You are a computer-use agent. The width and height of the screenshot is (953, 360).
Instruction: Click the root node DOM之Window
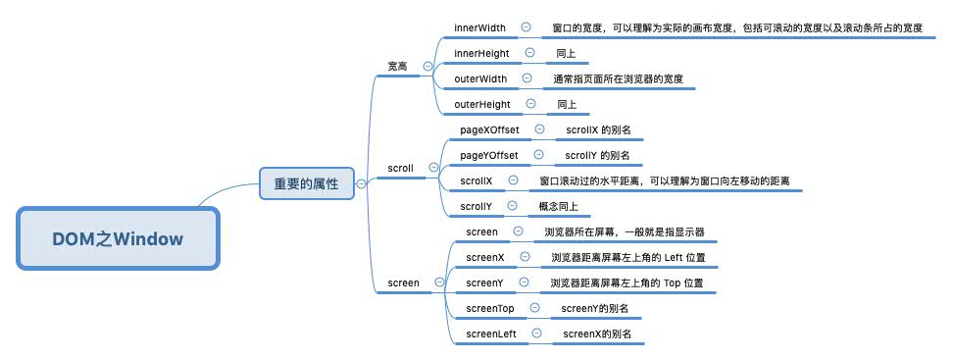(x=118, y=238)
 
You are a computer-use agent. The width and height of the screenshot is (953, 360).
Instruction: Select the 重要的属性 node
(x=306, y=182)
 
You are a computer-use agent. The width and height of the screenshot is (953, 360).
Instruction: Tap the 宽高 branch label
(x=397, y=66)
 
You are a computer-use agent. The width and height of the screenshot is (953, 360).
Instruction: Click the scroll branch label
(x=401, y=168)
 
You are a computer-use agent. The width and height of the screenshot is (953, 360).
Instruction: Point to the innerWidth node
(x=480, y=27)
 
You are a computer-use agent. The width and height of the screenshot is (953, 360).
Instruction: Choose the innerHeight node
(x=482, y=53)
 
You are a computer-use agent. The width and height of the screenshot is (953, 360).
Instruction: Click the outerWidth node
(x=480, y=78)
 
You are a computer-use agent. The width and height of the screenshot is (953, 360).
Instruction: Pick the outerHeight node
(x=482, y=104)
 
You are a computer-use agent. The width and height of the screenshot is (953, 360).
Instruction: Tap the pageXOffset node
(x=490, y=129)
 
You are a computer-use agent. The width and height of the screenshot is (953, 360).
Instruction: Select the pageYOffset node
(x=489, y=155)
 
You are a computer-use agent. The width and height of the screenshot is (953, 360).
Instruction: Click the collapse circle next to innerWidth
(x=527, y=27)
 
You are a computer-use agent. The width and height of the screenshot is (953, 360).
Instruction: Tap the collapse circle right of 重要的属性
(x=361, y=182)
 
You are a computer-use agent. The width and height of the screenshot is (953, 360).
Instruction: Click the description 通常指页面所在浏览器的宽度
(x=618, y=78)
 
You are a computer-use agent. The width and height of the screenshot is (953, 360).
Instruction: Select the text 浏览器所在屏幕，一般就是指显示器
(x=625, y=231)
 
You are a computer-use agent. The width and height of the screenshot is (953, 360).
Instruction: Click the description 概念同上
(x=558, y=206)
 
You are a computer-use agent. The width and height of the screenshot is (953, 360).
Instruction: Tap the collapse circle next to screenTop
(x=534, y=308)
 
